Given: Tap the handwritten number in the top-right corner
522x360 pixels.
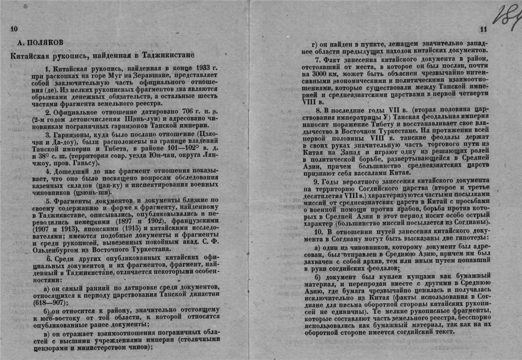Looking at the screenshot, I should (x=505, y=16).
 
